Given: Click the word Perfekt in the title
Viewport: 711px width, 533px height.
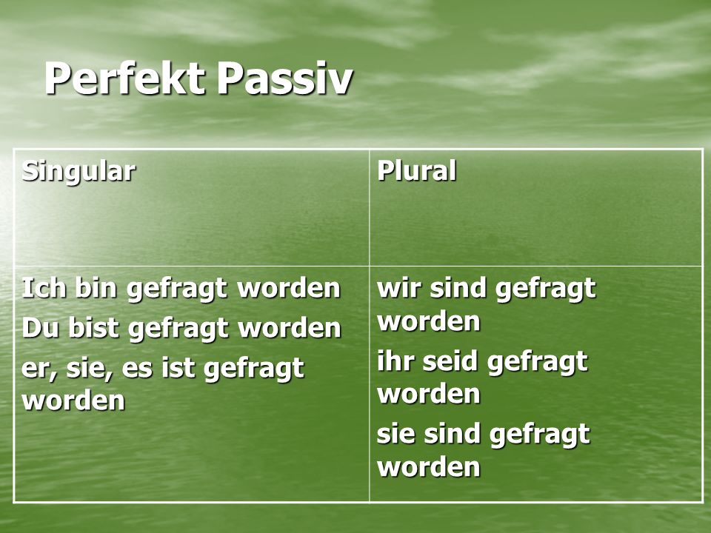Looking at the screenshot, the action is pos(124,78).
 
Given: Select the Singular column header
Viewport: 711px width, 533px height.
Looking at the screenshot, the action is pos(79,172).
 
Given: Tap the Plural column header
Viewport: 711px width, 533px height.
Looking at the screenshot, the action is pos(416,171).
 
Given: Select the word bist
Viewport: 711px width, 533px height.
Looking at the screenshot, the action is pos(94,328).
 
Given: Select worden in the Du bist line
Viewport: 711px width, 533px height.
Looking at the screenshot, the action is pos(290,328).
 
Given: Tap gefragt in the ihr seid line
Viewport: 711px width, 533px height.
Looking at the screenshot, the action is pos(538,363).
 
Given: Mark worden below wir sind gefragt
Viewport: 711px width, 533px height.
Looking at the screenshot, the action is pos(429,321).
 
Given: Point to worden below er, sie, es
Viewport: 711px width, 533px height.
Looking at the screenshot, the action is pos(73,400).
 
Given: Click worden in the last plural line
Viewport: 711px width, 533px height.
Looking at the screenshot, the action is pos(429,467).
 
